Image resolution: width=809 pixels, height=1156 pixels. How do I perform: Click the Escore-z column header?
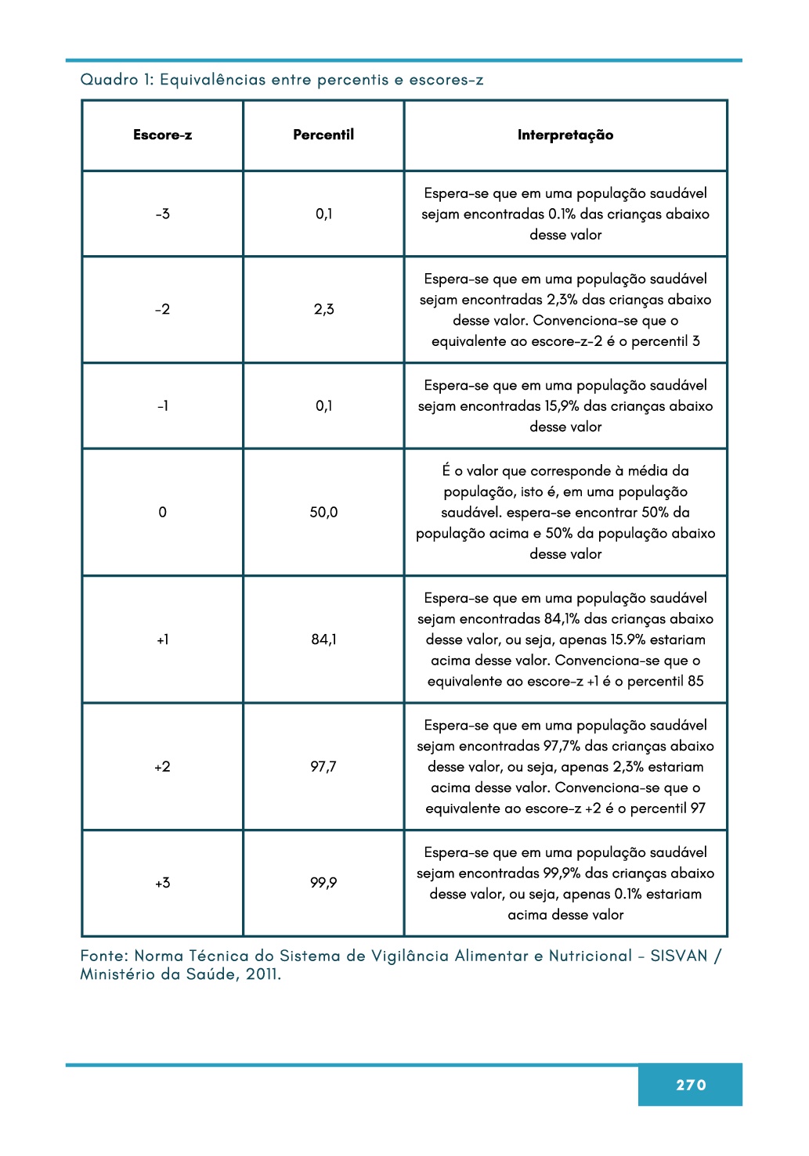(x=162, y=135)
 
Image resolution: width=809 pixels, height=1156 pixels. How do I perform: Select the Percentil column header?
(x=323, y=135)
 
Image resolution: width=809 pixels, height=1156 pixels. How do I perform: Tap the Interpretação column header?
(x=565, y=135)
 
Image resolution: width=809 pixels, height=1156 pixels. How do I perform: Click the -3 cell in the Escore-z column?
(x=162, y=214)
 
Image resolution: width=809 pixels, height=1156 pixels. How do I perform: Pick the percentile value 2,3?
(x=323, y=309)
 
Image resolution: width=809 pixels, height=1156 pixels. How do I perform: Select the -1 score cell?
(x=162, y=405)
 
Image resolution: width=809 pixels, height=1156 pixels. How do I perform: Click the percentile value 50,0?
(x=323, y=512)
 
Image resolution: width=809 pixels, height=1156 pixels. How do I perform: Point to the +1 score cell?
(x=162, y=639)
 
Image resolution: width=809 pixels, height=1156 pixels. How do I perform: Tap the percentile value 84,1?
(x=323, y=639)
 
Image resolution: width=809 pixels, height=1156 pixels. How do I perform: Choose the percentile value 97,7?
(x=323, y=766)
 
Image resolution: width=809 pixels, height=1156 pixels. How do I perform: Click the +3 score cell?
(x=162, y=883)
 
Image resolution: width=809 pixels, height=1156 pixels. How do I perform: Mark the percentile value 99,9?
(x=323, y=883)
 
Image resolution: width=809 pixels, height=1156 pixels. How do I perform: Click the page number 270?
(x=691, y=1085)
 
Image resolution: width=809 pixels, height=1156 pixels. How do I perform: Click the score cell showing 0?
(x=162, y=512)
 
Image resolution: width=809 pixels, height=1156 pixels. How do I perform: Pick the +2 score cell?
(x=162, y=766)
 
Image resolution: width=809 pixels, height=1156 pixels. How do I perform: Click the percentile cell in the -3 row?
(x=323, y=214)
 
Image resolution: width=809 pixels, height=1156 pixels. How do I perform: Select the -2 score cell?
(x=162, y=309)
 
